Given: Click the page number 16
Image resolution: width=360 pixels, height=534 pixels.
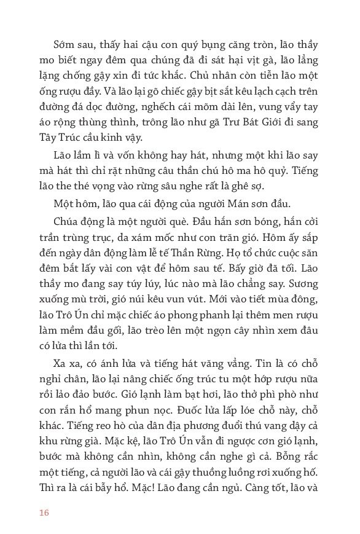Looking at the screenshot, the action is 43,512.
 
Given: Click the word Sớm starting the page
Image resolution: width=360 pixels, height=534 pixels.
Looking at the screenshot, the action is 63,45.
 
